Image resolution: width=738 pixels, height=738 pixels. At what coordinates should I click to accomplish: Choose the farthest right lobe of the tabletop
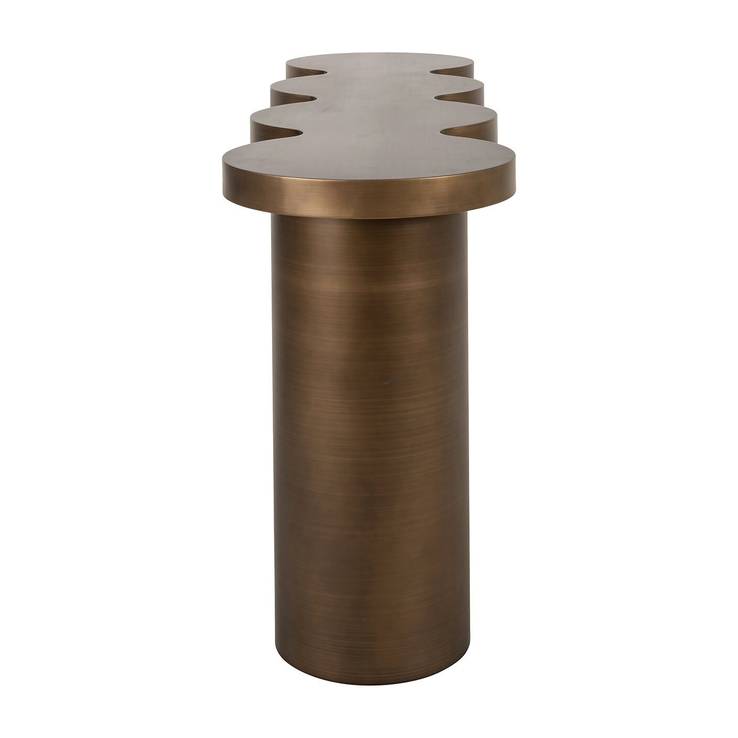point(461,68)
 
